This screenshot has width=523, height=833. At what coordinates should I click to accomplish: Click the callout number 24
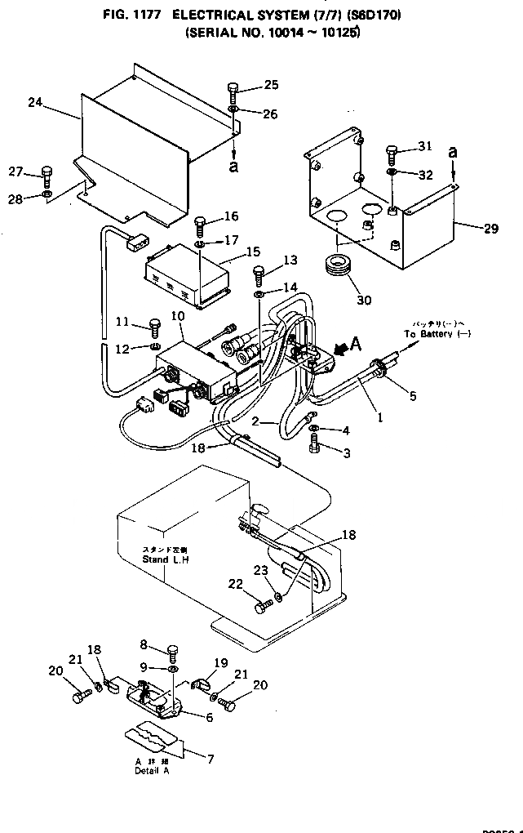tap(34, 102)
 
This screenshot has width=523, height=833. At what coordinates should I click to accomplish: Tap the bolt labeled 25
tap(233, 91)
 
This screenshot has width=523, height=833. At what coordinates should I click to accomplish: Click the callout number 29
tap(490, 229)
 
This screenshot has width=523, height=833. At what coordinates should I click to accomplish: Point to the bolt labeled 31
tap(392, 153)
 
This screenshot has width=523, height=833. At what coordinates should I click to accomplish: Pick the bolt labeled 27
tap(47, 175)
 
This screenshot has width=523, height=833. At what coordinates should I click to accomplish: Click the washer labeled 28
tap(47, 194)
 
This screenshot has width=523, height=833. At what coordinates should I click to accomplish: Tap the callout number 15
tap(252, 253)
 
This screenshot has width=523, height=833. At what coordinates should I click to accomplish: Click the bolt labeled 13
tap(259, 272)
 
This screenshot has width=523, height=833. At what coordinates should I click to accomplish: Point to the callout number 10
tap(178, 316)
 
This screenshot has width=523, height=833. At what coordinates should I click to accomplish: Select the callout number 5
tap(413, 396)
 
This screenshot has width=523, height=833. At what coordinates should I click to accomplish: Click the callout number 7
tap(210, 759)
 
